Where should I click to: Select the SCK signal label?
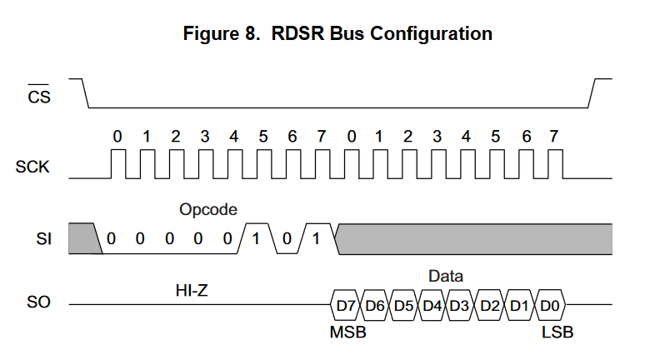click(x=32, y=167)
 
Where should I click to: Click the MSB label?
click(x=348, y=332)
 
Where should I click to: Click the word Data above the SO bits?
click(x=445, y=276)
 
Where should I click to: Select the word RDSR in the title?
click(x=296, y=34)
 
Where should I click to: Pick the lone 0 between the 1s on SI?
click(x=286, y=239)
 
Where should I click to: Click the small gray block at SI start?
click(x=83, y=237)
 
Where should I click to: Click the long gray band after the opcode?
click(x=475, y=238)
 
